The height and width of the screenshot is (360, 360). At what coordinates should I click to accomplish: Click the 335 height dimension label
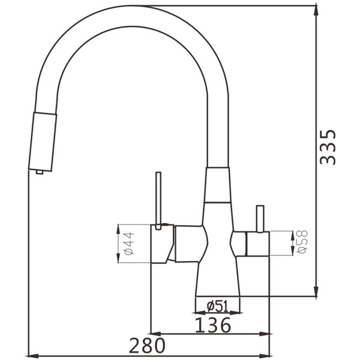pyautogui.click(x=328, y=148)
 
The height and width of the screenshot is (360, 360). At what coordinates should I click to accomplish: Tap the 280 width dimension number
pyautogui.click(x=147, y=345)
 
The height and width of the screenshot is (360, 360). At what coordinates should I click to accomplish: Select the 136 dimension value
pyautogui.click(x=213, y=325)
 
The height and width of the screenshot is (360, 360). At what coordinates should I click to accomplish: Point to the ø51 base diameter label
pyautogui.click(x=217, y=306)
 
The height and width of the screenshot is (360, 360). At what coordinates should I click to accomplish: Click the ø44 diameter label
pyautogui.click(x=129, y=244)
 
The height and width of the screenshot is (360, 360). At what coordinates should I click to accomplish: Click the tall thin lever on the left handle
pyautogui.click(x=158, y=200)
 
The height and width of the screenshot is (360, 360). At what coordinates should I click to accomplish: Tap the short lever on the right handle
pyautogui.click(x=260, y=219)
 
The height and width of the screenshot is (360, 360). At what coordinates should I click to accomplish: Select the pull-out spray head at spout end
pyautogui.click(x=43, y=142)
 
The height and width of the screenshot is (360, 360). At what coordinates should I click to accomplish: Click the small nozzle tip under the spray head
pyautogui.click(x=40, y=172)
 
